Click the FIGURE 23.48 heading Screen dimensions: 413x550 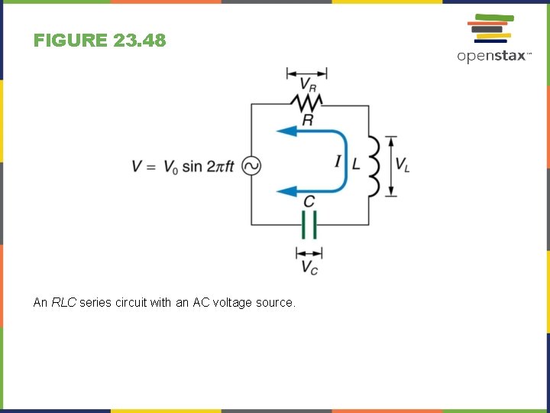click(x=99, y=41)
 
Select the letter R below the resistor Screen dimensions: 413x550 click(x=307, y=120)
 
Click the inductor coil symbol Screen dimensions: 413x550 click(x=374, y=166)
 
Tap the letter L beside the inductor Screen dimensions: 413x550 click(x=356, y=163)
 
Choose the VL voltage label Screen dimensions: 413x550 click(x=403, y=165)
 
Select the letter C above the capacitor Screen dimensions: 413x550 click(x=309, y=201)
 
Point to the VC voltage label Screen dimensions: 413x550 click(x=309, y=267)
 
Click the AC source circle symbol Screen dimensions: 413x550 click(x=251, y=166)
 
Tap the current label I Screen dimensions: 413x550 click(x=337, y=161)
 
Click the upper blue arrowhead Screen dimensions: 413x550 click(x=286, y=132)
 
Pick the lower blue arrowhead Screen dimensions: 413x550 click(x=286, y=190)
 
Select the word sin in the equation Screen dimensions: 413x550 click(x=192, y=166)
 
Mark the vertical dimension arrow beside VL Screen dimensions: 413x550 click(x=391, y=166)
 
